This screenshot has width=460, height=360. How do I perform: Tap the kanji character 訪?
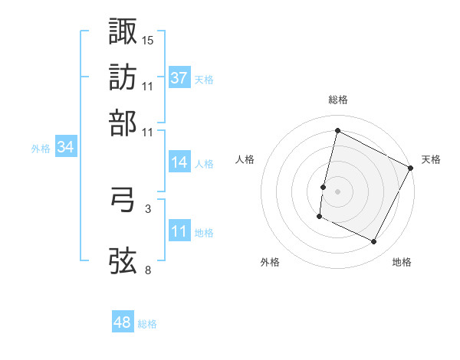tap(123, 77)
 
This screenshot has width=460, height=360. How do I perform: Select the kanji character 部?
tap(123, 123)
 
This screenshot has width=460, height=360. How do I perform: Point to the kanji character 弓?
tap(123, 201)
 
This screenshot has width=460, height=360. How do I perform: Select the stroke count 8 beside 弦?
tap(147, 270)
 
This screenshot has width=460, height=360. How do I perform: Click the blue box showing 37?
tap(179, 78)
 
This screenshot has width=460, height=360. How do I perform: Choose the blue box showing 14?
tap(179, 162)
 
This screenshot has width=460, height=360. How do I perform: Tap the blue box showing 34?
tap(65, 148)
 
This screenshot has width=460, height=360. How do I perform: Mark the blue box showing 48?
tap(123, 322)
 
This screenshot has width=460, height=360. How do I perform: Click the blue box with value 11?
tap(179, 231)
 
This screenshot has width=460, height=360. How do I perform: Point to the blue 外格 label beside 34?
tap(40, 149)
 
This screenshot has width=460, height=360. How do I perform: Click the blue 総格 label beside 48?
tap(147, 324)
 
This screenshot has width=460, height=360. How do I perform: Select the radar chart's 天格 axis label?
tap(431, 159)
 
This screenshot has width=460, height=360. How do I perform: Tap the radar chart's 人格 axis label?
tap(245, 159)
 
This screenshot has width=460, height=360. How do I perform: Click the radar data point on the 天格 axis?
tap(411, 167)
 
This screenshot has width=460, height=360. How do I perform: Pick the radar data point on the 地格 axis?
tap(374, 242)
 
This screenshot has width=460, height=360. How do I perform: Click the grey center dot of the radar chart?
tap(337, 190)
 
